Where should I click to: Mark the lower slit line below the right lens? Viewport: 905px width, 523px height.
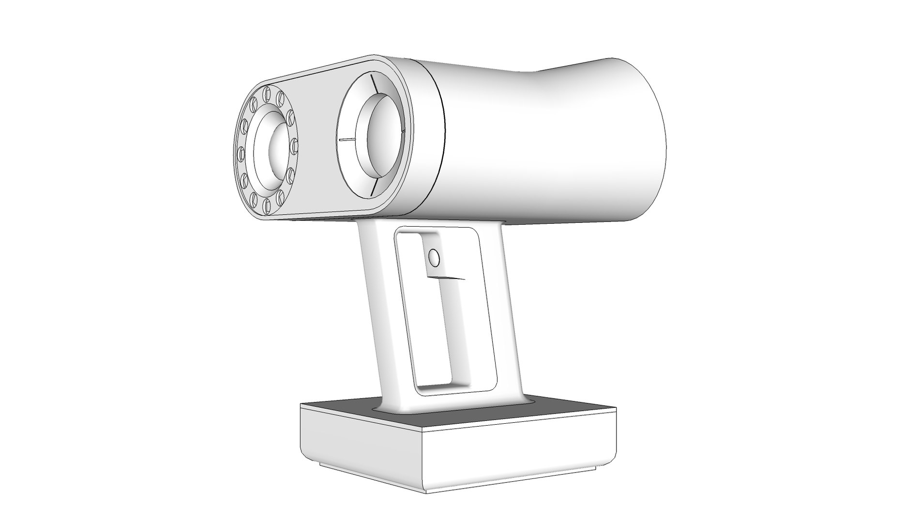(x=373, y=189)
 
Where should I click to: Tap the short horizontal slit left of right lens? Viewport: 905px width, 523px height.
(x=347, y=139)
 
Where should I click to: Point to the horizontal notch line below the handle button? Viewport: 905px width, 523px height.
(x=445, y=278)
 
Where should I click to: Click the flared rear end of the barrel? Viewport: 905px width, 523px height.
(x=644, y=140)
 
